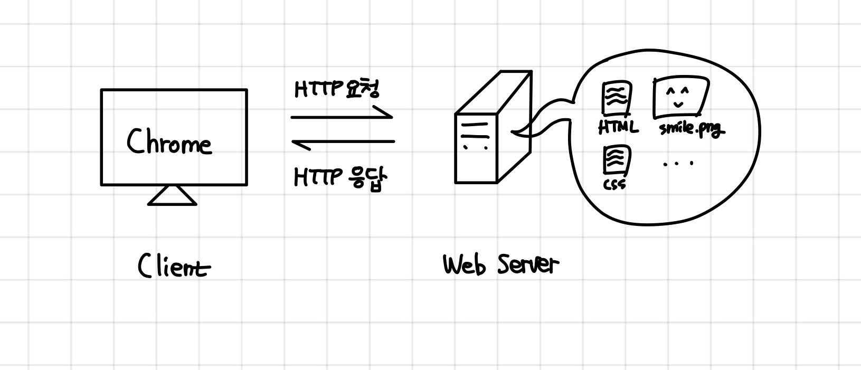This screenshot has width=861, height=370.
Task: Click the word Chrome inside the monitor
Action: pos(169,142)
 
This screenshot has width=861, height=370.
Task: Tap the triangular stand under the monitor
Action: pos(173,196)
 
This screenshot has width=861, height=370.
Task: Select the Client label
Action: pos(174,265)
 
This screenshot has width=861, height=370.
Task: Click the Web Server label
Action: pos(500,264)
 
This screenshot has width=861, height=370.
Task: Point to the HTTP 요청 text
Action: pos(336,90)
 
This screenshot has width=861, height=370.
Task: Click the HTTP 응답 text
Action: pos(340,178)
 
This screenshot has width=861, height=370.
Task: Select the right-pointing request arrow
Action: pos(342,116)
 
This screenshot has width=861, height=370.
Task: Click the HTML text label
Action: pos(618,128)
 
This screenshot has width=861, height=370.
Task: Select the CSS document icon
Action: pos(617,162)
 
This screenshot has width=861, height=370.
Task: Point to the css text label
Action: pos(614,184)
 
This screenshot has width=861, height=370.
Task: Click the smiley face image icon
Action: pos(680,98)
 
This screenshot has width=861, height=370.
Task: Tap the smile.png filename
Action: pos(692,129)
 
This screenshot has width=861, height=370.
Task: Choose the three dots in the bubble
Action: pos(678,164)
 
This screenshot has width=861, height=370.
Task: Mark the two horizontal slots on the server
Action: pos(475,130)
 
